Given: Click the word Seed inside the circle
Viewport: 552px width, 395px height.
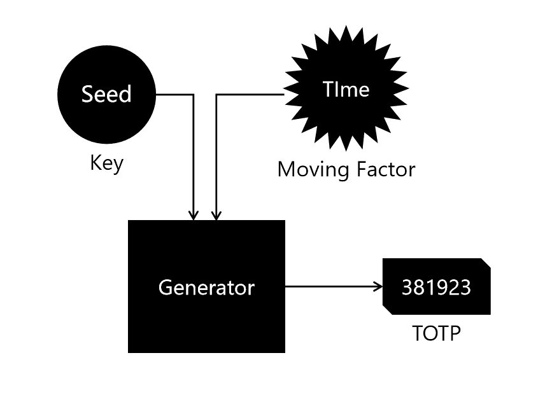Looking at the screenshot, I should point(106,94).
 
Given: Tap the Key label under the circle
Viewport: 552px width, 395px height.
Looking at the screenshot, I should point(106,163).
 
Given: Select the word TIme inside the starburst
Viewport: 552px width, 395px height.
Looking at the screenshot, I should point(346,89).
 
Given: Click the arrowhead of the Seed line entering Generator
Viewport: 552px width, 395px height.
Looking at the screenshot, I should point(193,216).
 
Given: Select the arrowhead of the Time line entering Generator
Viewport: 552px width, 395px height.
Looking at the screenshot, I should point(216,216).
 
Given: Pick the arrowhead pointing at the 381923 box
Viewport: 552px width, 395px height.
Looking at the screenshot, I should point(377,287).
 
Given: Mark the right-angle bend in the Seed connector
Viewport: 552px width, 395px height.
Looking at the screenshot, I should point(193,95).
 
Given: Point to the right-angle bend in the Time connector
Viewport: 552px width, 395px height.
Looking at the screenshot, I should point(216,95).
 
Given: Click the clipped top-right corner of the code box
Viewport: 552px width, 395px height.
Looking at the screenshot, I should point(486,262).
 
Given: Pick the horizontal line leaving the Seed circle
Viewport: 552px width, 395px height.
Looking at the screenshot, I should point(173,95).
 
